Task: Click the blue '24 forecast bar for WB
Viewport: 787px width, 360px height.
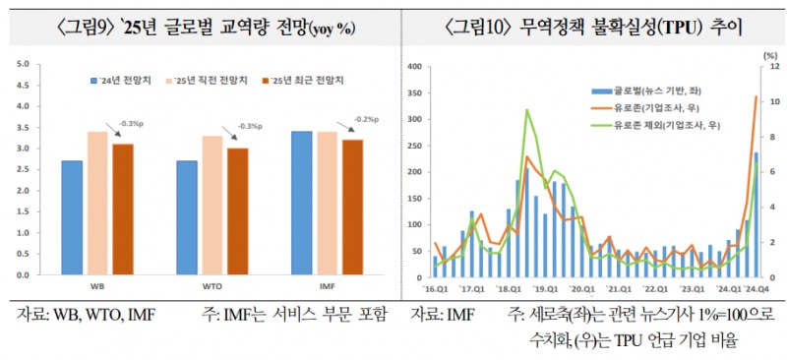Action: pos(72,217)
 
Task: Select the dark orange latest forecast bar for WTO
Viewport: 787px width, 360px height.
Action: pos(237,211)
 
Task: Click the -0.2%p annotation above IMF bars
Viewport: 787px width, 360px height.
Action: pos(366,118)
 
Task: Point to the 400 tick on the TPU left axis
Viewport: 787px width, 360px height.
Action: pos(415,67)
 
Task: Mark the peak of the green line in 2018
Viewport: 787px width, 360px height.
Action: pos(527,110)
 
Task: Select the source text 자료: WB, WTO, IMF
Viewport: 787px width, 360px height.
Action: pos(85,315)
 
